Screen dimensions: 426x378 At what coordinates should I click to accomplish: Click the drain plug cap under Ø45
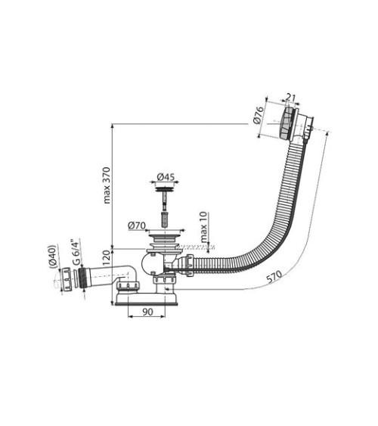(x=164, y=193)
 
